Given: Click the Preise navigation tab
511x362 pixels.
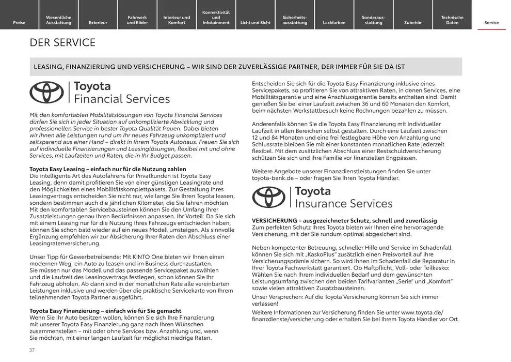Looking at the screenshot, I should (x=19, y=23).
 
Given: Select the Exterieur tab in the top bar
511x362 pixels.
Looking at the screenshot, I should (x=98, y=23).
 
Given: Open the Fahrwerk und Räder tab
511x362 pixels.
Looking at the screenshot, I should (x=137, y=20).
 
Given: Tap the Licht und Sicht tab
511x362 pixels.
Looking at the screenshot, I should (x=255, y=23).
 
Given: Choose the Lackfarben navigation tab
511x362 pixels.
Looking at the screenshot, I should (x=334, y=23).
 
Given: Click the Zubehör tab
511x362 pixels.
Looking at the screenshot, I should (x=412, y=23).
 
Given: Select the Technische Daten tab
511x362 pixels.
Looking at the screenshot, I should (x=452, y=20).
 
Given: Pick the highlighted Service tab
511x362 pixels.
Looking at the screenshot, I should (x=491, y=23).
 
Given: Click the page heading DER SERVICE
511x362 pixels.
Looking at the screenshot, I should (x=62, y=42).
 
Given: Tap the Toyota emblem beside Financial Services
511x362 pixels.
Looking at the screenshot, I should (x=46, y=93).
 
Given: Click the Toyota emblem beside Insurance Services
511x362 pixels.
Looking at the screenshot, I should (x=269, y=197).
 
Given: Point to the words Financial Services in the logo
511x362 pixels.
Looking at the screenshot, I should (x=122, y=99).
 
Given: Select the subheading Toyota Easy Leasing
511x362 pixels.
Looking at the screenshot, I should (x=54, y=169).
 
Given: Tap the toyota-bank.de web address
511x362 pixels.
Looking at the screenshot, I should (x=272, y=178).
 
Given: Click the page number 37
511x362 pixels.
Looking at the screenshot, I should (x=32, y=350).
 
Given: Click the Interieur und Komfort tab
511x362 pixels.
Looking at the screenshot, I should (x=177, y=20).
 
